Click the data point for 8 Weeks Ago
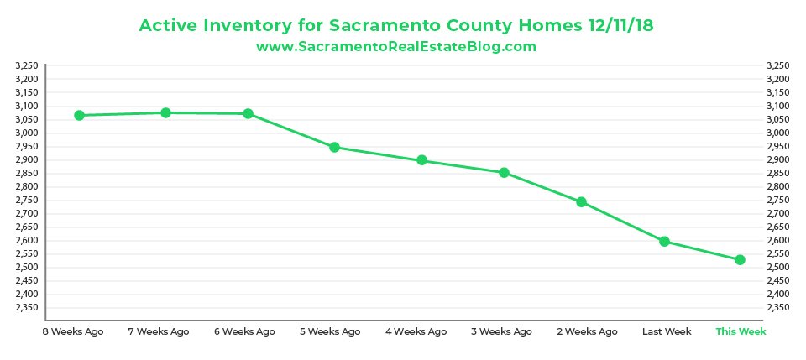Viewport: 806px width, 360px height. coord(80,115)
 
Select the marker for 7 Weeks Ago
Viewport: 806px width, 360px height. coord(165,112)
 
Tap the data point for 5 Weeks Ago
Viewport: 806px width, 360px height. coord(334,148)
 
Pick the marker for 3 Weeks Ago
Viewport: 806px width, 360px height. coord(504,173)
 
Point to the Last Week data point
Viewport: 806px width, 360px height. coord(665,242)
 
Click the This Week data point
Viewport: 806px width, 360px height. coord(741,260)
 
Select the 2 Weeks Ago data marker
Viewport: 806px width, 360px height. coord(581,202)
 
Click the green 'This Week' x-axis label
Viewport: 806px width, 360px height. coord(741,331)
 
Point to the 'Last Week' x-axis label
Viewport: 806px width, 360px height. coord(667,331)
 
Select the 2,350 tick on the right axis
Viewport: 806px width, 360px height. coord(777,307)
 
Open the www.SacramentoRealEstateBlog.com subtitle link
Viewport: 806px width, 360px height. coord(395,47)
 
